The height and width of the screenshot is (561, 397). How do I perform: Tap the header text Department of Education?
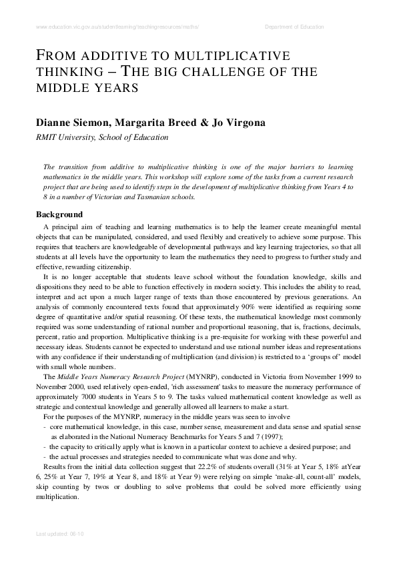(x=294, y=27)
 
